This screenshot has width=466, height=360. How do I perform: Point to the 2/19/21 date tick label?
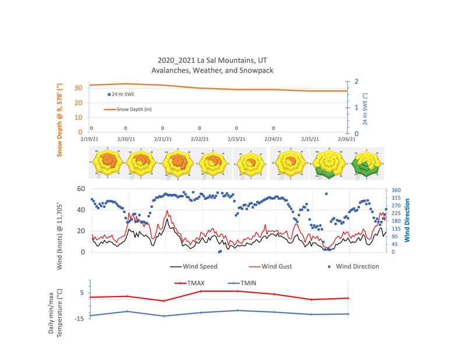click(x=89, y=139)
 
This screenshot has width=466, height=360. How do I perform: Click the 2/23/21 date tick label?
click(x=236, y=139)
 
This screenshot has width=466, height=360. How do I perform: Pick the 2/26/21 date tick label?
click(x=347, y=139)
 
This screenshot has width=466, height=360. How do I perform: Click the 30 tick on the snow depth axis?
click(x=77, y=88)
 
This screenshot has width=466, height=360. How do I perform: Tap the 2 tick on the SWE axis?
click(x=355, y=82)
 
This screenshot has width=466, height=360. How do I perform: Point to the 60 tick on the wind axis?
click(x=81, y=189)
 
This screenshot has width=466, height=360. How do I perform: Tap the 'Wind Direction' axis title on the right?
click(x=407, y=221)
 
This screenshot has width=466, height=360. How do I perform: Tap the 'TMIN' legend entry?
click(x=246, y=283)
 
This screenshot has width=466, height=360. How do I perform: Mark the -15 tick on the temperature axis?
click(x=80, y=318)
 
